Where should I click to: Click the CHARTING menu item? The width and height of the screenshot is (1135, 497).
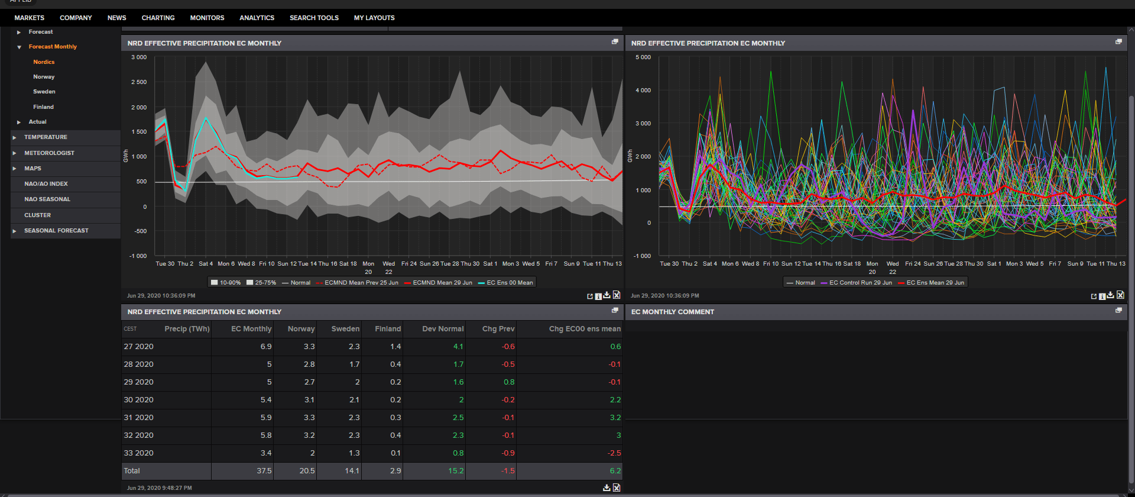158,18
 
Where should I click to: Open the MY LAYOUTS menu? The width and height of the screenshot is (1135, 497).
374,18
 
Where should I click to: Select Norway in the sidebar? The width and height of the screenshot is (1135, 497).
44,77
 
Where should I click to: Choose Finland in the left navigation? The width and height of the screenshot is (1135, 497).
43,107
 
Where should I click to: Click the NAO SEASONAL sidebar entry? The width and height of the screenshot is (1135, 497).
47,199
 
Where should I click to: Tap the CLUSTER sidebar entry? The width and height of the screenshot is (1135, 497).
37,215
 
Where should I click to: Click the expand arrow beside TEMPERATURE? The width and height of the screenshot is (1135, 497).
15,137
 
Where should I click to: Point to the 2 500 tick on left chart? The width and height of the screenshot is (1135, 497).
139,82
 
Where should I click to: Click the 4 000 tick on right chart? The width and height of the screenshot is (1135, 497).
643,91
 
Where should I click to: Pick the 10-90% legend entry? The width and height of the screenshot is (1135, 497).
226,283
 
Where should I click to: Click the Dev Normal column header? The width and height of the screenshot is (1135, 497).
443,329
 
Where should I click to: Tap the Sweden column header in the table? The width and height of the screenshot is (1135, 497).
345,329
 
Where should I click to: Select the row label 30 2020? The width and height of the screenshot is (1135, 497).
138,400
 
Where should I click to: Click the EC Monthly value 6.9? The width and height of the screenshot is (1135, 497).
266,347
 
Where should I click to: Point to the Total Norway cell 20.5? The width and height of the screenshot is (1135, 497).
307,471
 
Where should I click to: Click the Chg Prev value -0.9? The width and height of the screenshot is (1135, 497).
508,453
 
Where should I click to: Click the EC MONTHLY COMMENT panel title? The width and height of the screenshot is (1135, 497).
673,312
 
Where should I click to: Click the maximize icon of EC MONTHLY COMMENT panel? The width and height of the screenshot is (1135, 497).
1118,310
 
